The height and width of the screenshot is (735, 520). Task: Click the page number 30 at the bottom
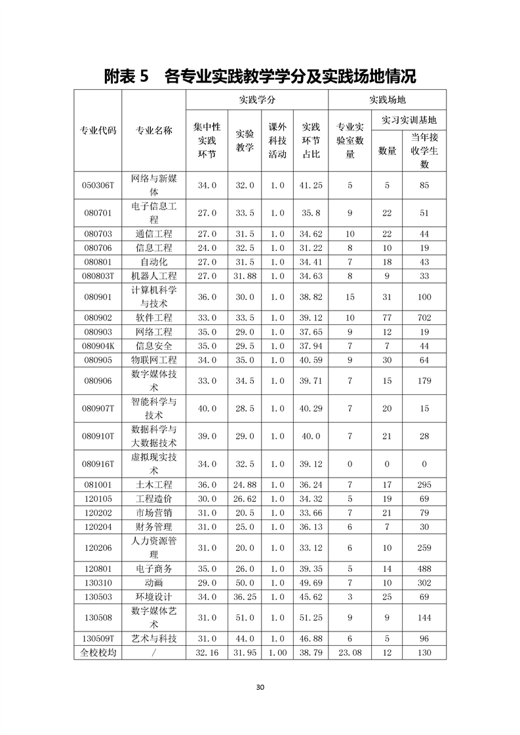coord(260,687)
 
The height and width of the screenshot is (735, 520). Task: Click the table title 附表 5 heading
coord(260,77)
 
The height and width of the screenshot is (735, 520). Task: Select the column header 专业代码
coord(98,130)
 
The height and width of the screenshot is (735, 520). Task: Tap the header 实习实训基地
coord(409,120)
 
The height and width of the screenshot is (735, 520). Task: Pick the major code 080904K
coord(98,346)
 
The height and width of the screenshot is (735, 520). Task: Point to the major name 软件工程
coord(154,318)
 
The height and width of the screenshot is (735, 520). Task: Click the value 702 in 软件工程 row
coord(424,318)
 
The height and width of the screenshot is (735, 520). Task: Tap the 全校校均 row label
coord(98,652)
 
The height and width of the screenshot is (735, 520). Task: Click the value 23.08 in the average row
coord(350,652)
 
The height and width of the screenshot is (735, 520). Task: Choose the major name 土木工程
coord(154,485)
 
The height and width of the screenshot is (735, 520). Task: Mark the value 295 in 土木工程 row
coord(424,485)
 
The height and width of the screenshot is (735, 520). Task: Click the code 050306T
coord(98,185)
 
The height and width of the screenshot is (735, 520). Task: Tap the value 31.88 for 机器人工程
coord(245,276)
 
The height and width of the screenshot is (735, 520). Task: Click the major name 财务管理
coord(154,527)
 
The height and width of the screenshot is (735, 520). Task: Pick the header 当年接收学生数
coord(424,151)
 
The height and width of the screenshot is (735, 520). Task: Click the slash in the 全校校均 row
coord(154,652)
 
